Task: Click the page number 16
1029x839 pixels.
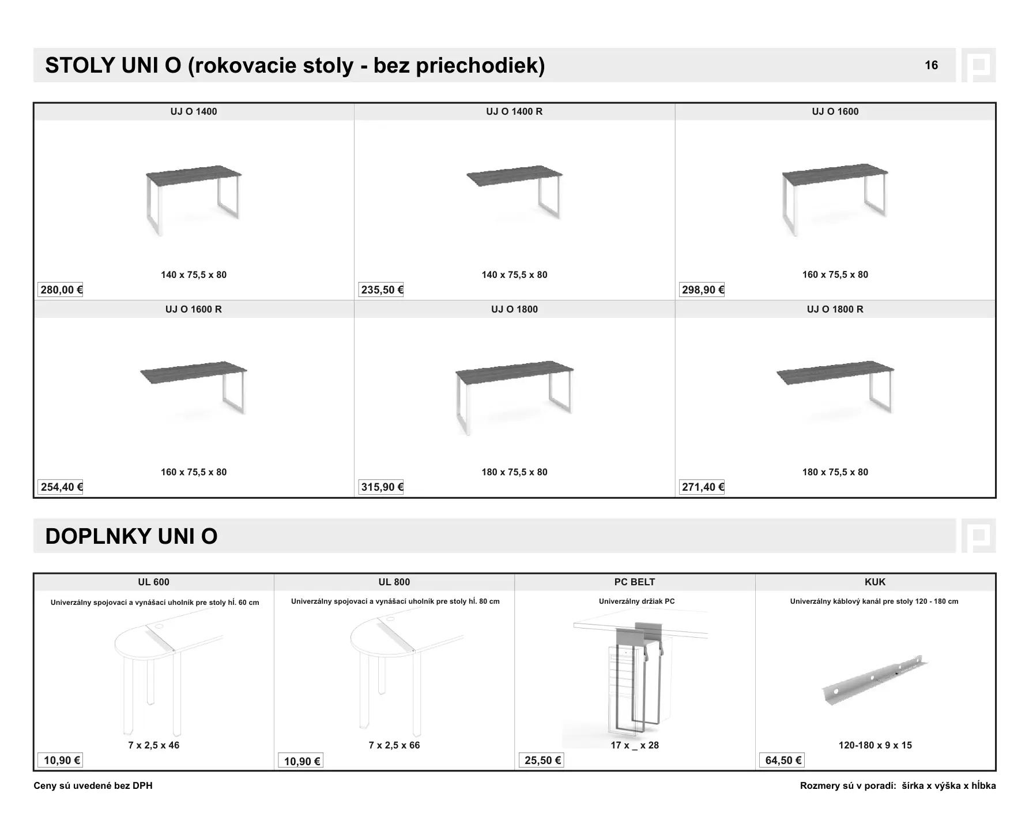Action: (x=931, y=65)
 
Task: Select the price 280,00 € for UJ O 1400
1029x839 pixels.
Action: (x=61, y=289)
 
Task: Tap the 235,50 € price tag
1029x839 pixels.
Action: (x=382, y=289)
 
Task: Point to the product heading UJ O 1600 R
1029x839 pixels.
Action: (x=194, y=309)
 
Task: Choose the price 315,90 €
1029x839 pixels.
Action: (x=382, y=487)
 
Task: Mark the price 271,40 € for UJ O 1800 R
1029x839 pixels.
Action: (x=703, y=487)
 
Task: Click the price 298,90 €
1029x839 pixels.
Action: (x=703, y=289)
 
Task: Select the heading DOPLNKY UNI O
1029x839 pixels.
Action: (x=131, y=536)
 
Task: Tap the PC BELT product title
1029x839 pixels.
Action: (x=635, y=582)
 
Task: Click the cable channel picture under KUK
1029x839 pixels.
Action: (x=875, y=680)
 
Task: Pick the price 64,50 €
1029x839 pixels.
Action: (x=783, y=761)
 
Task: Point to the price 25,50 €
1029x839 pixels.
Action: (x=542, y=761)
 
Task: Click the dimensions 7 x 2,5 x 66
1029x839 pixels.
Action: (x=394, y=746)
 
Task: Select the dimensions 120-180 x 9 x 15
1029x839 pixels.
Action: (x=875, y=746)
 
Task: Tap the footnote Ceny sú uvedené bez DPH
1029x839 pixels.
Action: (x=93, y=786)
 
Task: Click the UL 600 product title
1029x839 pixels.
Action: (x=153, y=582)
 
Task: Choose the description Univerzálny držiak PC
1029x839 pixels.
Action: (x=636, y=601)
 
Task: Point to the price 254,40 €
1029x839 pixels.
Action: (x=61, y=487)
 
